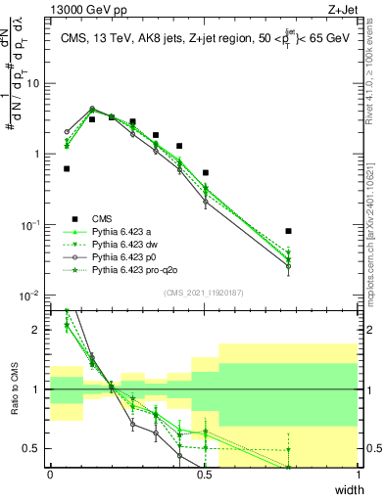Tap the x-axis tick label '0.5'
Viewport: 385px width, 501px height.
click(204, 475)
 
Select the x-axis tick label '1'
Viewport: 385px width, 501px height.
click(358, 475)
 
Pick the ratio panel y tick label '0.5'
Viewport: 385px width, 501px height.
click(34, 448)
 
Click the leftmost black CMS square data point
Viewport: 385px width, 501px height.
click(67, 168)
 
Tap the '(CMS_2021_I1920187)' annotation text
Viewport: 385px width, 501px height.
click(203, 293)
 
